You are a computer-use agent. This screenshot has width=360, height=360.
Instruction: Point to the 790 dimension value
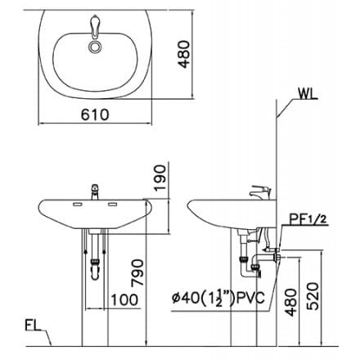point(160,271)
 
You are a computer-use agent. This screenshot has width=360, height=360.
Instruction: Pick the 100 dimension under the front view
point(124,299)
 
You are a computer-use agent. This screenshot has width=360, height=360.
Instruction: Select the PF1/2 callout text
point(309,218)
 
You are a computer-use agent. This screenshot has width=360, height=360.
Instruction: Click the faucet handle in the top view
point(97,32)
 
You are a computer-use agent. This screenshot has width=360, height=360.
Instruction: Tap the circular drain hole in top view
point(97,47)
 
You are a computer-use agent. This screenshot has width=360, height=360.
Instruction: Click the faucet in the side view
point(262,191)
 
